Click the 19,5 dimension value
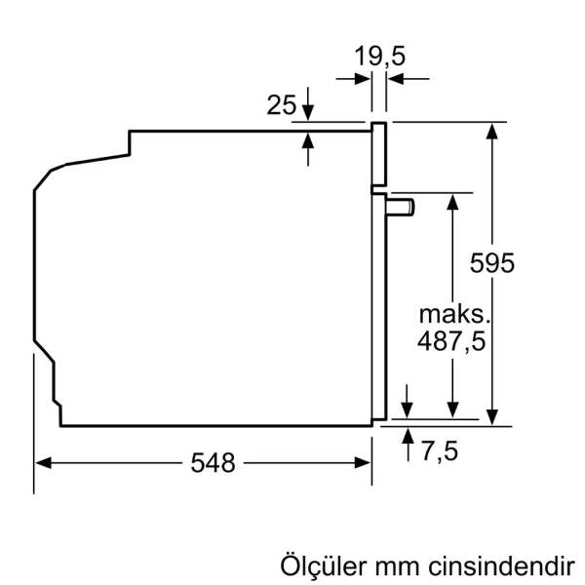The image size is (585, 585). [x=379, y=56]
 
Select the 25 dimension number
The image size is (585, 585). [x=282, y=104]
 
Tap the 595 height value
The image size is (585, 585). [x=490, y=262]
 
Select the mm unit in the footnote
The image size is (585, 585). [x=397, y=566]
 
